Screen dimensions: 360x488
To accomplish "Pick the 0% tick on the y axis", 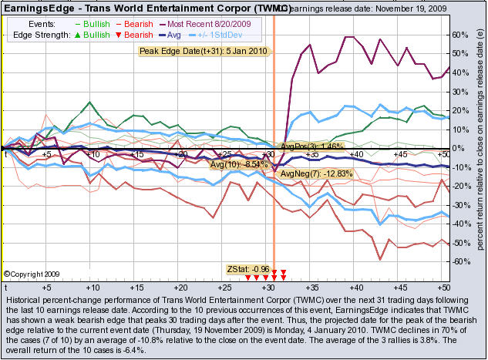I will [x=458, y=149].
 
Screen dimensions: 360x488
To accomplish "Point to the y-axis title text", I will [x=480, y=146].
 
